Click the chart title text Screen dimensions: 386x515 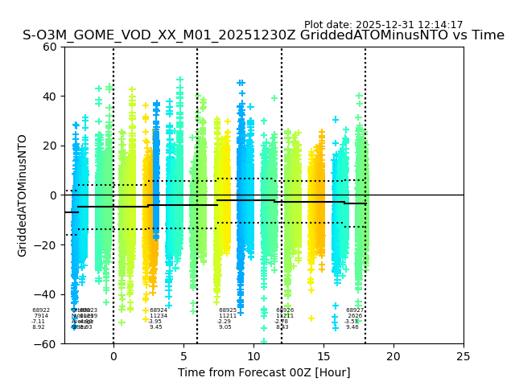(x=263, y=35)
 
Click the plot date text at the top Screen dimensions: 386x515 (x=383, y=25)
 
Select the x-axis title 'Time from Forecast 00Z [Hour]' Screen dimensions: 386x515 (x=264, y=372)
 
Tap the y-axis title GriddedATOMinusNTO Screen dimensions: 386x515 (x=23, y=195)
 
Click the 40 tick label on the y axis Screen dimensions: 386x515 (x=50, y=96)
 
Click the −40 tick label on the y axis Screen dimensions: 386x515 (x=47, y=294)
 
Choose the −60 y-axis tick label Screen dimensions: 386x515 (x=47, y=344)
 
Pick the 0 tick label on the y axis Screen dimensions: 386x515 (x=54, y=195)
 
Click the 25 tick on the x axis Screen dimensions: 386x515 (x=463, y=356)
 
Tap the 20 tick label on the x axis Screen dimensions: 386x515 (x=393, y=356)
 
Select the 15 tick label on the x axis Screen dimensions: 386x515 (x=323, y=356)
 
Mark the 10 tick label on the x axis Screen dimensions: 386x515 (x=253, y=356)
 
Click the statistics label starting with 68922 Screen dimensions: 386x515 (x=40, y=318)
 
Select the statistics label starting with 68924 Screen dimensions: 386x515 (x=157, y=318)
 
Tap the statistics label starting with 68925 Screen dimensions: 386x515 (x=227, y=318)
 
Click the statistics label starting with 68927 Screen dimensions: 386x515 (x=354, y=318)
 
